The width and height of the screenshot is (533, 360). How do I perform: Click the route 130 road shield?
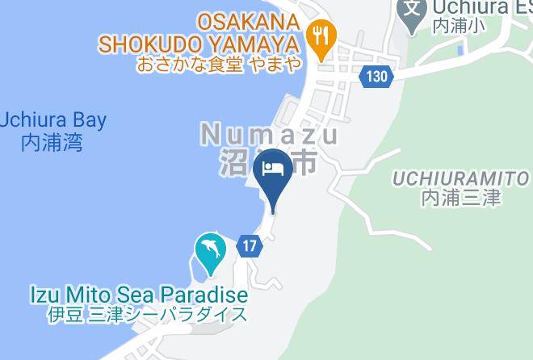(376, 77)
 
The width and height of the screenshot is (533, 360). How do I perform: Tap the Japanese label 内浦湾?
(52, 144)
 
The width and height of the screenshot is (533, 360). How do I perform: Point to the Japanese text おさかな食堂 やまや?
(219, 64)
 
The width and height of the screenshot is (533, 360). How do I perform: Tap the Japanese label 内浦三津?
(461, 197)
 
